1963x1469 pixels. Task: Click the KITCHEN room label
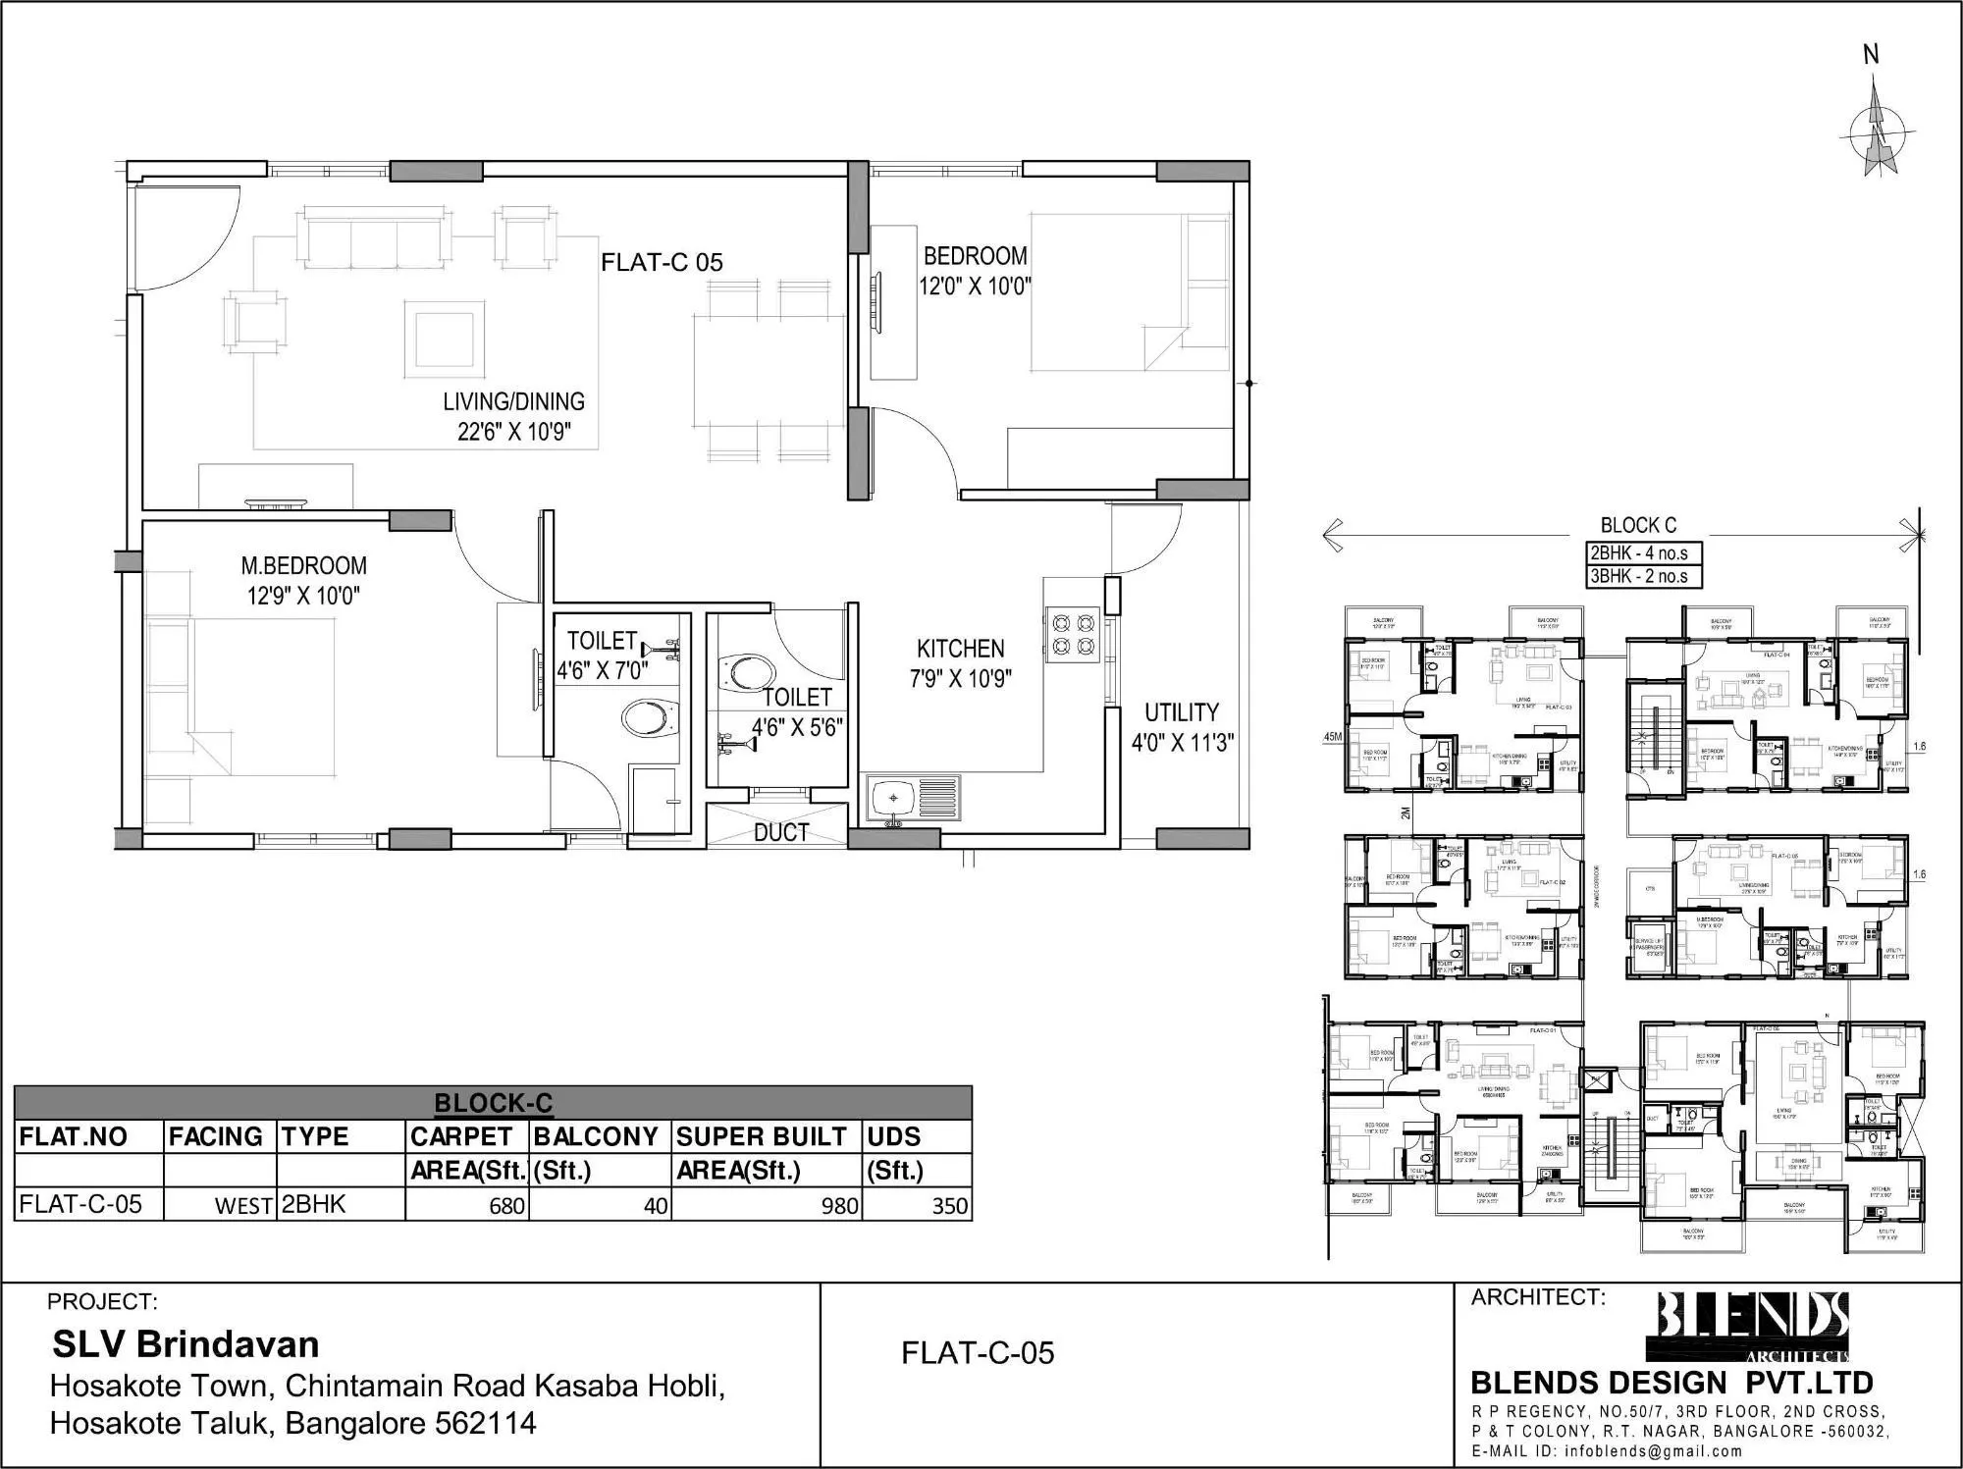pos(960,649)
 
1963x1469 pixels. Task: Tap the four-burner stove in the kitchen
pos(1071,634)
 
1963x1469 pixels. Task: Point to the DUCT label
pos(781,832)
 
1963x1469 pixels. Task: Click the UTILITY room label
pos(1181,712)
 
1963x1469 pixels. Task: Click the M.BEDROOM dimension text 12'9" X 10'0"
pos(303,596)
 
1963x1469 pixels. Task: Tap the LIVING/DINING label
pos(513,401)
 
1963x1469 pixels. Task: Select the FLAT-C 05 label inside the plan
pos(662,262)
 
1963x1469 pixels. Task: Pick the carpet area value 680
pos(506,1206)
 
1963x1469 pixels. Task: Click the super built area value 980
pos(839,1206)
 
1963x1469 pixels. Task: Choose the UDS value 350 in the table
pos(949,1206)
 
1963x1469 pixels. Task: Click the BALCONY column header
pos(595,1136)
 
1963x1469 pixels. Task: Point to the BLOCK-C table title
pos(493,1103)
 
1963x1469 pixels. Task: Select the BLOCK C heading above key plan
pos(1638,525)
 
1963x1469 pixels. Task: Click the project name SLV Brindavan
pos(186,1343)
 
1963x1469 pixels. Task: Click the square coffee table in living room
pos(444,339)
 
